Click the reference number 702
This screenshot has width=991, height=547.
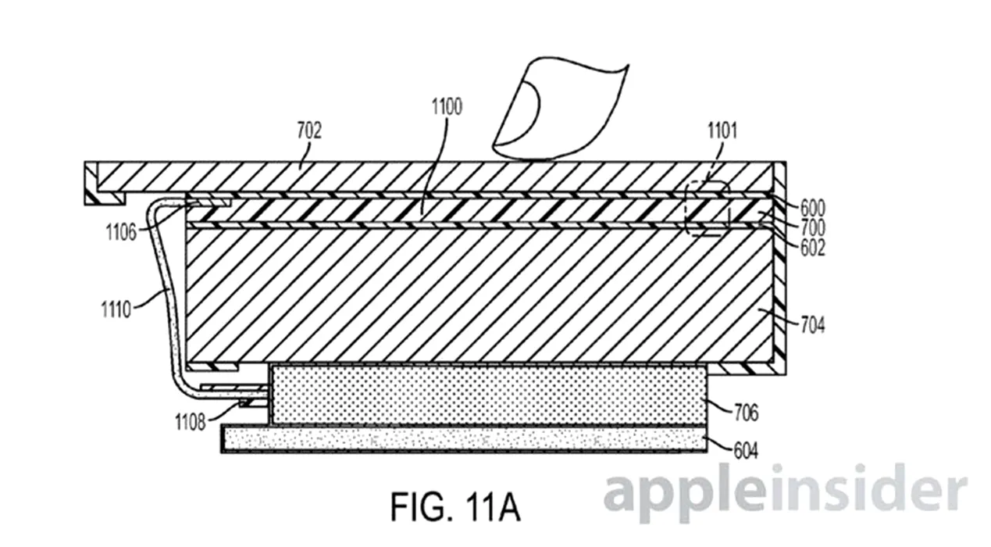pos(309,130)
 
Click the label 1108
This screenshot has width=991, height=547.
pos(191,423)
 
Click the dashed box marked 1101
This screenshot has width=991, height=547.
pos(707,209)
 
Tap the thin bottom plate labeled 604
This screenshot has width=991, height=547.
pos(465,439)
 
